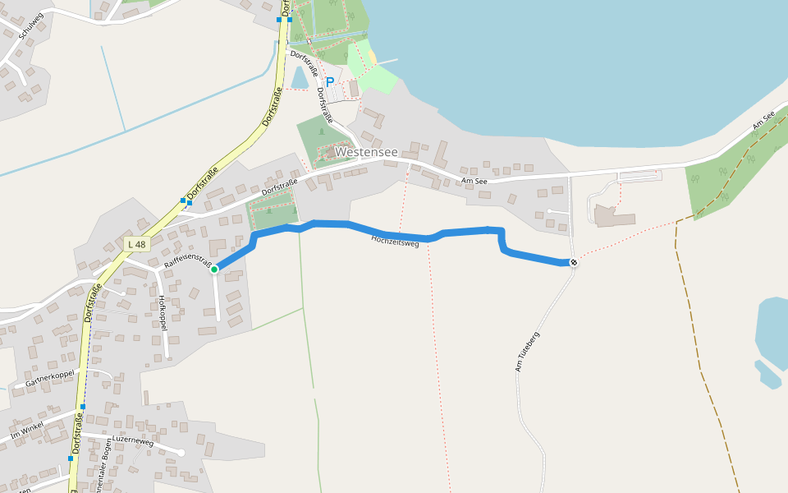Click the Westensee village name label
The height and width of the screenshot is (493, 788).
366,153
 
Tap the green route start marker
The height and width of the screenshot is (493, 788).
214,269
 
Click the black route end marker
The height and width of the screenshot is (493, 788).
573,263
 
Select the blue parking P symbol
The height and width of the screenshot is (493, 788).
330,82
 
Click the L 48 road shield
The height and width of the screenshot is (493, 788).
136,244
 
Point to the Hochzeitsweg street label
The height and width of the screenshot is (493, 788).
396,240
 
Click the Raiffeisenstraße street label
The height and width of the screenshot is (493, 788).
188,260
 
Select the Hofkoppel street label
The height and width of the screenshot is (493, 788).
163,314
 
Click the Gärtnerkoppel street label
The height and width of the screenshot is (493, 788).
50,379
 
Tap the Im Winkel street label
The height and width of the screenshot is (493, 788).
26,430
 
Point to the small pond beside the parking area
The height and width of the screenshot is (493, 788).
300,77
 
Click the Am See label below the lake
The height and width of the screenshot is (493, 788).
474,181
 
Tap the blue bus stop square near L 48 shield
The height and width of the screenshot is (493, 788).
183,200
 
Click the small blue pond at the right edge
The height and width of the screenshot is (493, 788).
772,337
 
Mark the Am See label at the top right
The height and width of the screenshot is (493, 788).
763,121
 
